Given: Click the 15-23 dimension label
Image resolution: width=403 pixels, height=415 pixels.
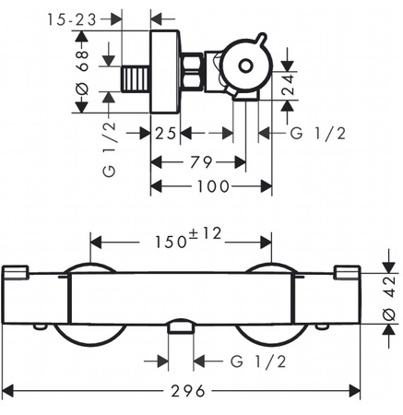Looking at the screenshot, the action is (x=72, y=20).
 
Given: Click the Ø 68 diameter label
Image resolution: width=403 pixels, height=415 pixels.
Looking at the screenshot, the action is (x=83, y=72).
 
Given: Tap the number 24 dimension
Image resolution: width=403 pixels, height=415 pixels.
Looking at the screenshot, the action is (x=288, y=85).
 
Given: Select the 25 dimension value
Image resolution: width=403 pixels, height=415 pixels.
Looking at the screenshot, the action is (x=165, y=134).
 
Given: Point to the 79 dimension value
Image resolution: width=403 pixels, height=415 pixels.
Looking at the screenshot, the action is (x=201, y=162).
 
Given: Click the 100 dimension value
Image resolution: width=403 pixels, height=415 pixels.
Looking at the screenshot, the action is (x=213, y=186).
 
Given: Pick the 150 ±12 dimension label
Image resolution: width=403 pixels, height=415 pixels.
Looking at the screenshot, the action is (x=188, y=238).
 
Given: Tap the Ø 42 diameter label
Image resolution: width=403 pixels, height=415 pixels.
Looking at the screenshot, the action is (x=389, y=298).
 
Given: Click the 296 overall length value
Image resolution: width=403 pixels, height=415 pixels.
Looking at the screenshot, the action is (x=188, y=391).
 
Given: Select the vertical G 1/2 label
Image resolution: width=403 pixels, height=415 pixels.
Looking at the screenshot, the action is (x=109, y=149).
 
